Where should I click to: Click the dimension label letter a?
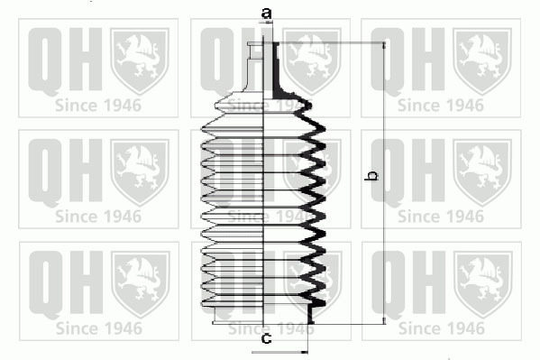pyautogui.click(x=266, y=14)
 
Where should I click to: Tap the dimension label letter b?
pyautogui.click(x=371, y=175)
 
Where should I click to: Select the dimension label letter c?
pyautogui.click(x=267, y=338)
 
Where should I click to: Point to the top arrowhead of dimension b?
pyautogui.click(x=384, y=46)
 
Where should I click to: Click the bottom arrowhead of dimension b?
pyautogui.click(x=384, y=320)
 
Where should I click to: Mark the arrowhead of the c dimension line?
pyautogui.click(x=304, y=353)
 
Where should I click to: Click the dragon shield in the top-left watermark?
pyautogui.click(x=140, y=61)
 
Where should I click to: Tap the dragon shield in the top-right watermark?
pyautogui.click(x=482, y=61)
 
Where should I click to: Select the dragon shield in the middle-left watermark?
pyautogui.click(x=140, y=172)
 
